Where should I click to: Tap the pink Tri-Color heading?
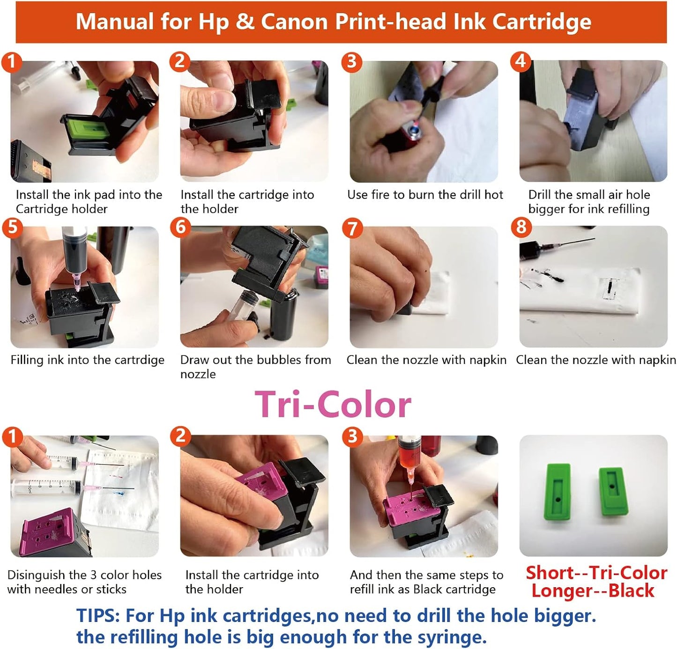[333, 405]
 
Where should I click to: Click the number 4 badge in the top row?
[521, 61]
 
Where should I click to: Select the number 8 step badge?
[521, 227]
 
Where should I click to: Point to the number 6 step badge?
[181, 227]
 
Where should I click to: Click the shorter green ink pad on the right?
[611, 488]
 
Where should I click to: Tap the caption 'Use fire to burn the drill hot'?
[425, 195]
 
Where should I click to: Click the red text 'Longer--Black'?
[593, 590]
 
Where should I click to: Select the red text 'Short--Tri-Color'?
[596, 573]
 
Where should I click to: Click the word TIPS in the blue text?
[98, 615]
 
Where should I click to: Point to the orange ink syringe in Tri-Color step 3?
[409, 454]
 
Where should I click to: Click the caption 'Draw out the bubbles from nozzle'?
[255, 367]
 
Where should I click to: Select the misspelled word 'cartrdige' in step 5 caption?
[138, 360]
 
